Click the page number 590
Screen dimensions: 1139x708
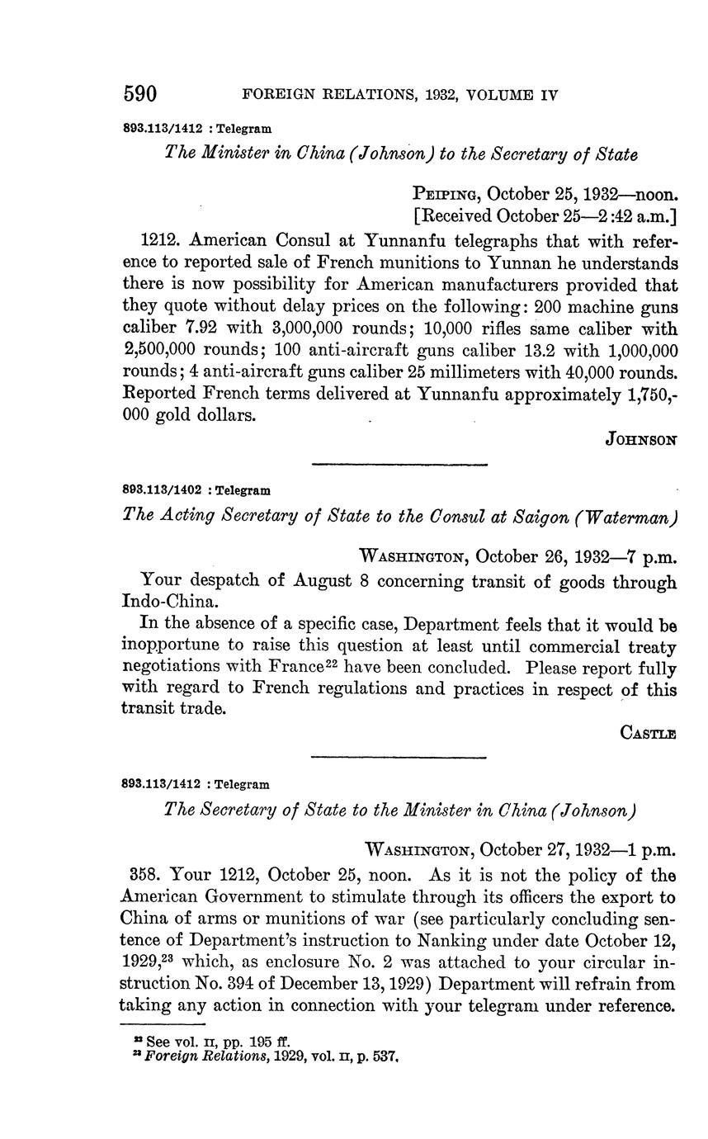140,94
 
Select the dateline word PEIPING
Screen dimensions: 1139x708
446,195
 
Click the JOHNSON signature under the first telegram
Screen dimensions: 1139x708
641,440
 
